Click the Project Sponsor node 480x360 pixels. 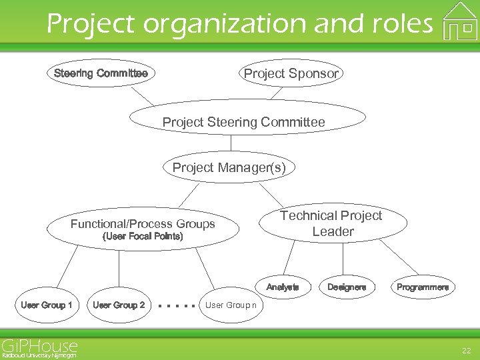point(291,73)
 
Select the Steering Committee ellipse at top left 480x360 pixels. point(101,73)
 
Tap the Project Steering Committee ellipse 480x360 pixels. point(244,122)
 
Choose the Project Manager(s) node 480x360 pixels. point(229,167)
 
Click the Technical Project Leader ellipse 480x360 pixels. point(331,223)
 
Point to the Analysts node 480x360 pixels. point(283,287)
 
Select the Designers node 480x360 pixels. point(347,287)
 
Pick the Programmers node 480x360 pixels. point(423,287)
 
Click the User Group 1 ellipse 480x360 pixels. point(47,305)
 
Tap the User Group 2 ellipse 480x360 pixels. point(119,305)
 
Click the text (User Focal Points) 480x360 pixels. point(142,237)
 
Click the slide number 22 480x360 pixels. point(465,351)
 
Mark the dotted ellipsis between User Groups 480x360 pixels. point(177,306)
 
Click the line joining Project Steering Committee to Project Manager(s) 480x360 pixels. point(231,145)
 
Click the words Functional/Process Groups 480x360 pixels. point(143,224)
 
